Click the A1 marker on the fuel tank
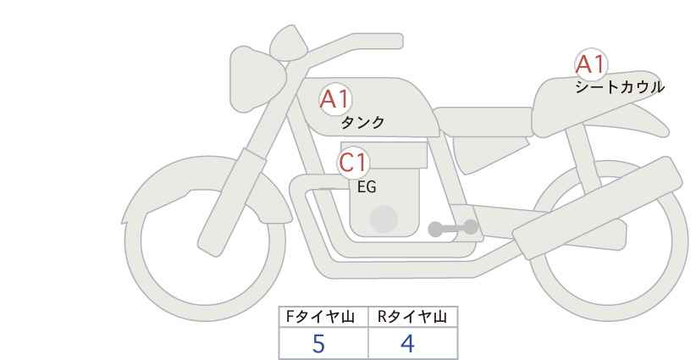(x=335, y=99)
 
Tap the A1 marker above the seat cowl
(x=591, y=64)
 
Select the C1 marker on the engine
(x=353, y=163)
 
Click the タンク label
(x=362, y=123)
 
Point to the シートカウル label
(x=620, y=87)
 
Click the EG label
(x=367, y=187)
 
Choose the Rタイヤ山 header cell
(x=413, y=317)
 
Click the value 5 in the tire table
(x=318, y=344)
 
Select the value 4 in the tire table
(x=407, y=344)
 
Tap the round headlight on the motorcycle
(x=256, y=79)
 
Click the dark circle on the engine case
(x=384, y=219)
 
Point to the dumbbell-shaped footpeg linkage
(x=453, y=228)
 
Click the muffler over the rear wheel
(x=597, y=208)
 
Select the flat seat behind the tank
(x=483, y=121)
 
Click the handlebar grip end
(x=390, y=42)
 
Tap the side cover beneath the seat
(x=489, y=153)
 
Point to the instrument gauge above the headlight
(x=289, y=42)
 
